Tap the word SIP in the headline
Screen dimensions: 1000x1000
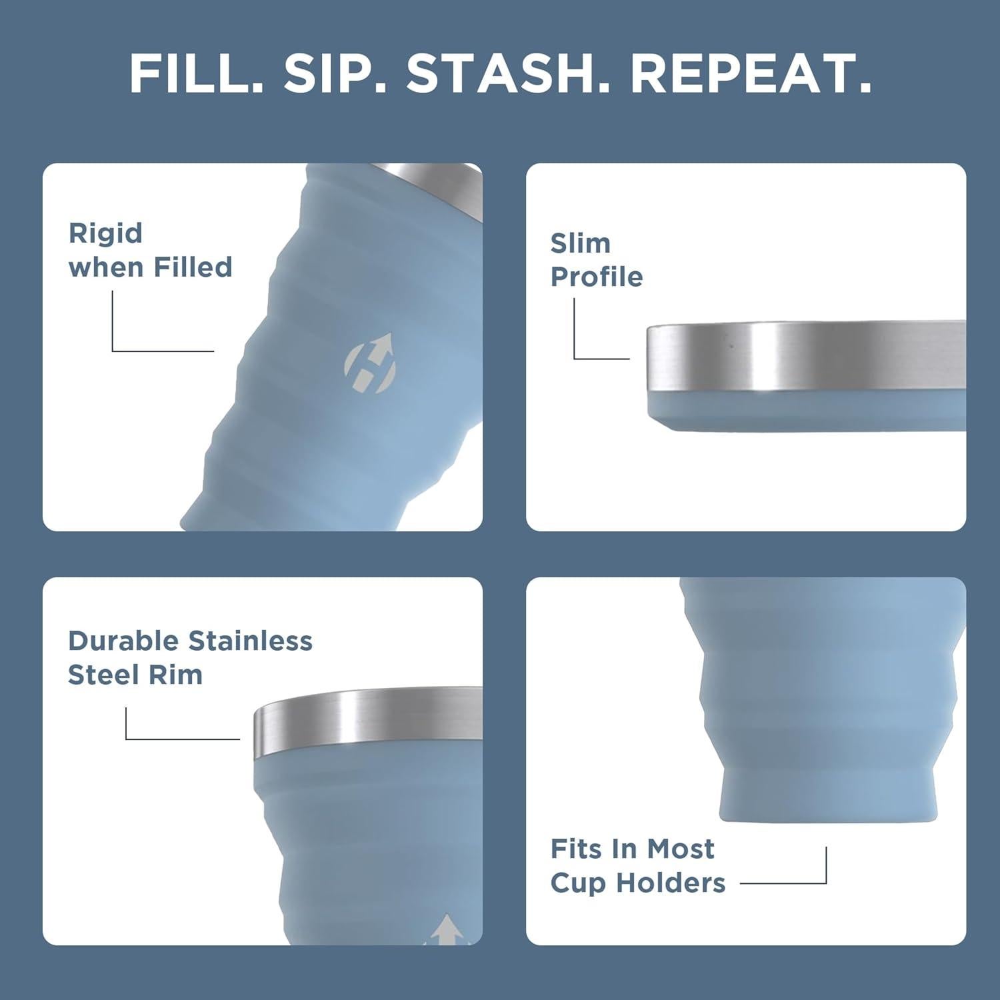point(335,74)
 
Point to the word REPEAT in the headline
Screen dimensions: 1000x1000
point(750,74)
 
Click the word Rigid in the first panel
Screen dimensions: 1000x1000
point(105,233)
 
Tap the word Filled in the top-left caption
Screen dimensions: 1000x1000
point(193,267)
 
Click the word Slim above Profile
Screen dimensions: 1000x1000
point(580,243)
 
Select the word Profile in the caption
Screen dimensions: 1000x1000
point(596,277)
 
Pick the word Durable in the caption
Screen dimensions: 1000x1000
point(125,641)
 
